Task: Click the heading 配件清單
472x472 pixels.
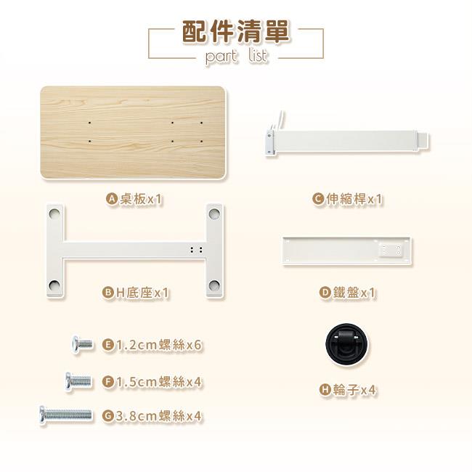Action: point(236,32)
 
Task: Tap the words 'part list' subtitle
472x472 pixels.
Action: point(236,56)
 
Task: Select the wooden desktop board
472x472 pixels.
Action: point(133,132)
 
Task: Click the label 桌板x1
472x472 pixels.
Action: point(141,199)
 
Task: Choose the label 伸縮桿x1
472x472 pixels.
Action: point(354,199)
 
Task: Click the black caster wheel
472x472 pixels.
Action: point(346,344)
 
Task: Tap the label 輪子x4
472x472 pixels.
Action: point(354,390)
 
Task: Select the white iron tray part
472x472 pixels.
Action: point(347,251)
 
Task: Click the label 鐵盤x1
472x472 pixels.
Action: point(354,293)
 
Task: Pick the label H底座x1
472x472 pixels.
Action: point(142,293)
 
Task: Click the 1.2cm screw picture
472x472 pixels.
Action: point(82,344)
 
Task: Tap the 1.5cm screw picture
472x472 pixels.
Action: point(78,381)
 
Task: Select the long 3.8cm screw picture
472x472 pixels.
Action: point(65,415)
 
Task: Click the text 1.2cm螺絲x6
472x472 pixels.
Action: point(158,345)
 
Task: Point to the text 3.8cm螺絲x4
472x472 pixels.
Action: point(158,416)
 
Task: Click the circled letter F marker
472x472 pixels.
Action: point(107,382)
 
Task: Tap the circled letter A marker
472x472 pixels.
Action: point(112,199)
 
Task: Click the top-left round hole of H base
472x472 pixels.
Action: point(54,213)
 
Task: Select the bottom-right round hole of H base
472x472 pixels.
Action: point(214,285)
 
